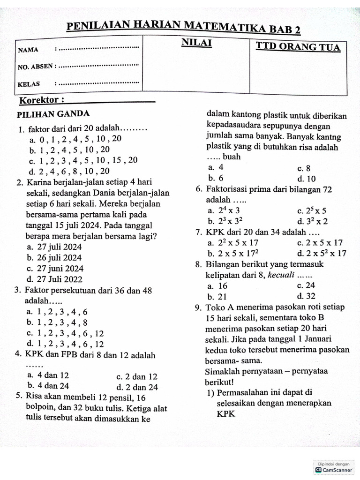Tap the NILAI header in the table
tap(196, 44)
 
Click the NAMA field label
tap(28, 50)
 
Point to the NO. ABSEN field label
tap(36, 67)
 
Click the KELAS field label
tap(29, 84)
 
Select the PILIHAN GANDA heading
tap(53, 114)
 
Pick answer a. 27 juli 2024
tap(54, 247)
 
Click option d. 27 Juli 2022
tap(54, 279)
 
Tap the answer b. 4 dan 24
tap(48, 386)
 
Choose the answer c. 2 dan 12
tap(136, 376)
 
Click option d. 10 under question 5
tap(307, 179)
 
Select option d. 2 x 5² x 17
tap(321, 254)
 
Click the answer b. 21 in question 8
tap(217, 296)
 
